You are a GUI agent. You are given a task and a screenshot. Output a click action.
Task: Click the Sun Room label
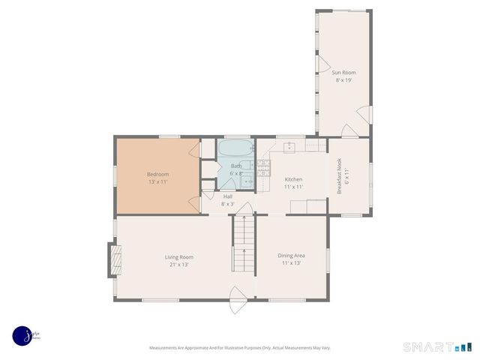click(344, 72)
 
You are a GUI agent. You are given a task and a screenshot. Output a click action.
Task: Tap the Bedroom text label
click(157, 174)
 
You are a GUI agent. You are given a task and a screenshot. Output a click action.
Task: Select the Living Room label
click(179, 257)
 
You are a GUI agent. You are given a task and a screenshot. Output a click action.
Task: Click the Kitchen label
click(293, 179)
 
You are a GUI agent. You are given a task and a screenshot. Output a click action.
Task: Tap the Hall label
click(227, 196)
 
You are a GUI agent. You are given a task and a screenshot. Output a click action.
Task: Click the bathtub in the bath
click(236, 147)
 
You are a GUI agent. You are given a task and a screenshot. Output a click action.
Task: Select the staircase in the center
click(243, 244)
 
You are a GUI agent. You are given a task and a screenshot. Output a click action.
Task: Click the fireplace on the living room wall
click(115, 259)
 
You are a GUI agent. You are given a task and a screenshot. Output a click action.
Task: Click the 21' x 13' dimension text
click(179, 264)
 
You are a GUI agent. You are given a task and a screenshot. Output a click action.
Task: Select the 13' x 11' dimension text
click(157, 181)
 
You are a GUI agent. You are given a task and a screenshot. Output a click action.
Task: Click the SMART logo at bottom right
click(437, 346)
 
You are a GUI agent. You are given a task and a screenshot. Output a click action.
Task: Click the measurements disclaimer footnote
click(240, 348)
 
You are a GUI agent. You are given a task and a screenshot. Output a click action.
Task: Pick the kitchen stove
click(264, 168)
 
